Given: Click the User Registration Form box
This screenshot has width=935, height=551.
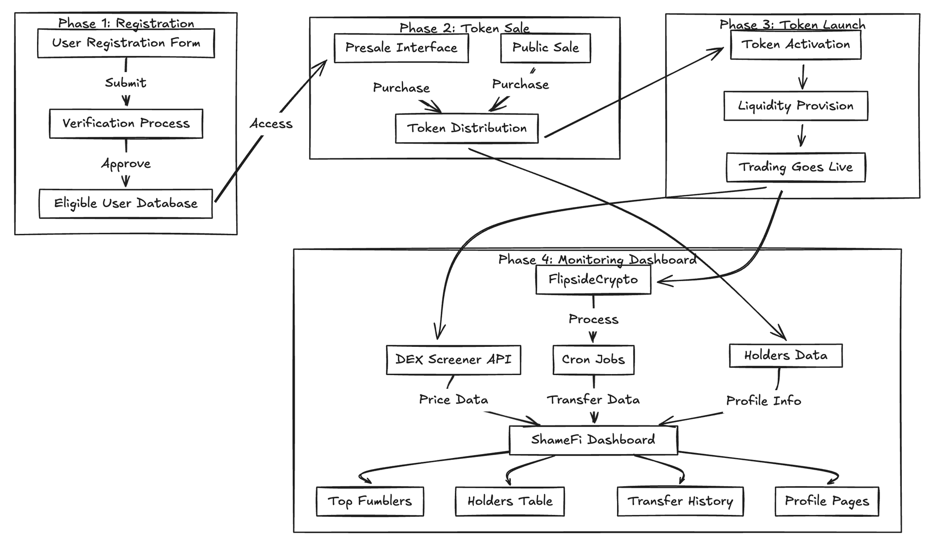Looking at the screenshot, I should [x=126, y=43].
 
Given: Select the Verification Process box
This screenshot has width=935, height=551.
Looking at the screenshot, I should [x=126, y=123].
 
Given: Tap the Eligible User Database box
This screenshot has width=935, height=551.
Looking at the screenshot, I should [x=126, y=203].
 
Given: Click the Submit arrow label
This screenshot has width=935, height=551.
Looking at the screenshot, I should [x=126, y=83].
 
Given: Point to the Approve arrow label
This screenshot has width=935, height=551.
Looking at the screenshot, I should [x=126, y=164].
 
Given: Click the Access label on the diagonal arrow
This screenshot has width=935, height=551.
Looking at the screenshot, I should [x=271, y=124].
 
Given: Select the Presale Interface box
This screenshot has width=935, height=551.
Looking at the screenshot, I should [x=401, y=48].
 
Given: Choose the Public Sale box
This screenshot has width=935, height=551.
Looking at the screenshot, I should [x=545, y=48].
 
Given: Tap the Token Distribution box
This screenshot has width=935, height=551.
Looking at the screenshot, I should [x=467, y=128].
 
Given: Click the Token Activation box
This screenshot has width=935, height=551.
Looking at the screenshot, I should [x=795, y=44].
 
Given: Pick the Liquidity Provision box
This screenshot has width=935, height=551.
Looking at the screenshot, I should [x=795, y=106].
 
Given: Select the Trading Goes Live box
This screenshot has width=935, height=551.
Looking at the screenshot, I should [x=795, y=167].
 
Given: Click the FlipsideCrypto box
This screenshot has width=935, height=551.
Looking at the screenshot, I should [x=593, y=280].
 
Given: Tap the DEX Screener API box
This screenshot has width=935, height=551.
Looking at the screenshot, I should [x=453, y=360].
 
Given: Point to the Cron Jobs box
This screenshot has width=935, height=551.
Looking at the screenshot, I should [x=593, y=360].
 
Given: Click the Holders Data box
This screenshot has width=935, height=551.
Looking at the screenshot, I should [x=785, y=356].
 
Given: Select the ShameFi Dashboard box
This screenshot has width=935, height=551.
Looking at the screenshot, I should [x=593, y=440].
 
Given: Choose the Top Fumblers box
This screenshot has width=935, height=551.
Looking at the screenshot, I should [x=370, y=501].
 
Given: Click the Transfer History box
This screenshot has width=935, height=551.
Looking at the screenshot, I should [x=680, y=501].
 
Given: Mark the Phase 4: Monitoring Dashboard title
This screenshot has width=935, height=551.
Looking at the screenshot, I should [x=597, y=260].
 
